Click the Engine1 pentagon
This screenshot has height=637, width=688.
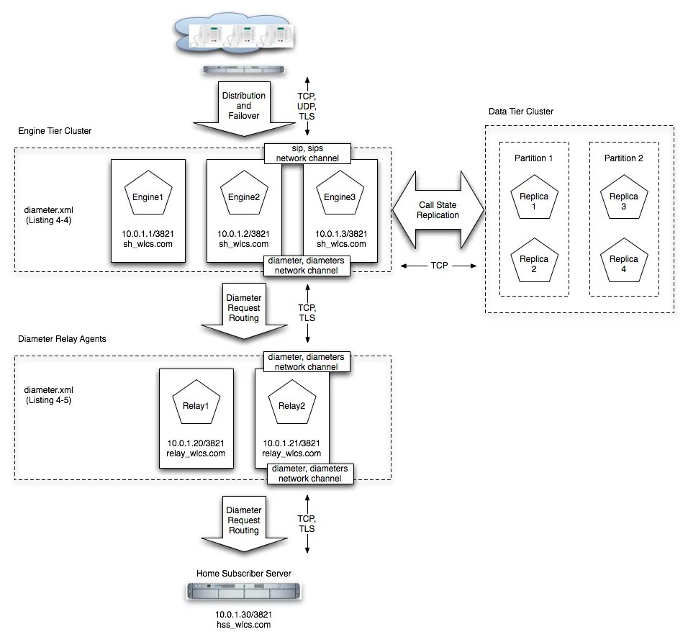[148, 196]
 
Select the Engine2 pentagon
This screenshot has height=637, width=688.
[243, 196]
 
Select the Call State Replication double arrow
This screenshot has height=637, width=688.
[438, 209]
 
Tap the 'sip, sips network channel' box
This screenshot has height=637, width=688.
[307, 153]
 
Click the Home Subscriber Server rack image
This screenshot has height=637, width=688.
[243, 592]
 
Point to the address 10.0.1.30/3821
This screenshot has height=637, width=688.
[243, 615]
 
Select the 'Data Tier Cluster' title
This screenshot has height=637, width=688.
[520, 112]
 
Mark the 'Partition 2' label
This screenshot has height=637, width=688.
[623, 158]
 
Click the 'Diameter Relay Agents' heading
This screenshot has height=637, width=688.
[62, 338]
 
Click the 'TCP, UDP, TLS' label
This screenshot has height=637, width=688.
[307, 106]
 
